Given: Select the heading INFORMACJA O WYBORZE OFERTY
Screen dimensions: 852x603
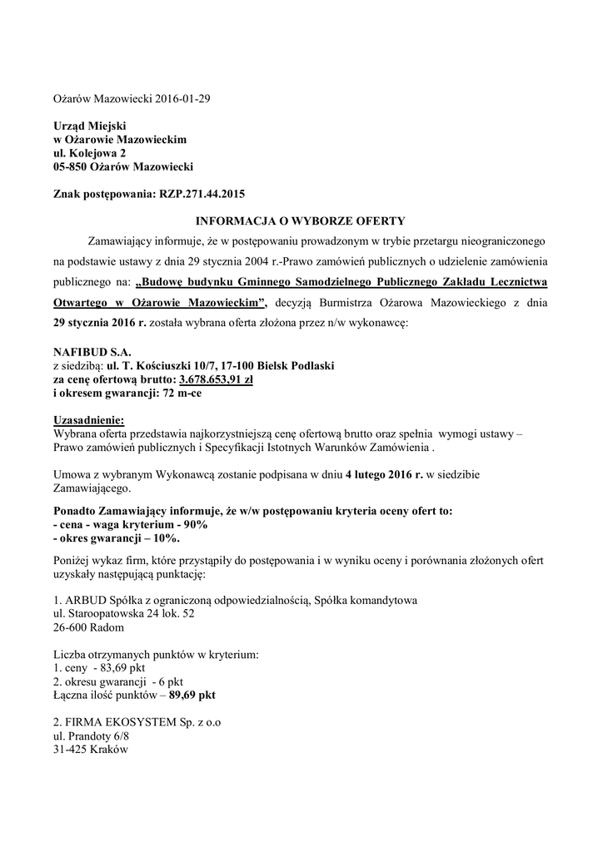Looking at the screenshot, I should click(300, 220).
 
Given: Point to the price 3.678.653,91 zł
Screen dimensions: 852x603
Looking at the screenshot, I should click(216, 379).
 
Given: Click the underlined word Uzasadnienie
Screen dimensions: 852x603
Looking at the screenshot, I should click(88, 420).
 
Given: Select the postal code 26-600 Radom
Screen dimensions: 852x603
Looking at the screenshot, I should click(89, 627).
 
